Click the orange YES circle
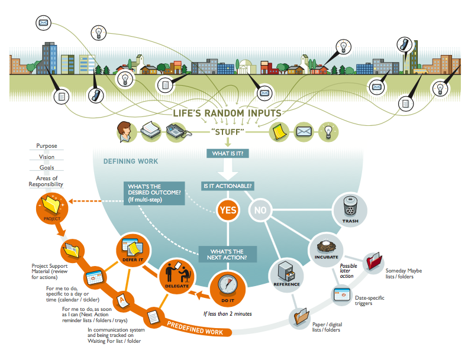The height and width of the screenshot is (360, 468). pyautogui.click(x=228, y=210)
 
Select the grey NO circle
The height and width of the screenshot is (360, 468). pyautogui.click(x=260, y=210)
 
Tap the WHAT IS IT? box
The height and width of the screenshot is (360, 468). pyautogui.click(x=228, y=153)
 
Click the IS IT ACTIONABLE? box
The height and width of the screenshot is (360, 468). pyautogui.click(x=227, y=186)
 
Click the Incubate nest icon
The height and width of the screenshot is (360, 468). pyautogui.click(x=326, y=247)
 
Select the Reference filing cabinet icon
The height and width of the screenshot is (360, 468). pyautogui.click(x=286, y=271)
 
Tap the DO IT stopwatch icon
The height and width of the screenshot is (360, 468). pyautogui.click(x=227, y=285)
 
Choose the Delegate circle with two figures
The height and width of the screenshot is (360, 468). pyautogui.click(x=177, y=276)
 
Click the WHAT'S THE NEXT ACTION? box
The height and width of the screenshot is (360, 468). pyautogui.click(x=227, y=254)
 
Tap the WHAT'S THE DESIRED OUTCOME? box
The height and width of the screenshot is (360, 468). pyautogui.click(x=154, y=193)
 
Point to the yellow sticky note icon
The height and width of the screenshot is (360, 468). pyautogui.click(x=279, y=132)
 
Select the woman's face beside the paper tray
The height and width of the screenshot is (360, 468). pyautogui.click(x=124, y=132)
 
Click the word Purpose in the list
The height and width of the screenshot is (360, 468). pyautogui.click(x=47, y=146)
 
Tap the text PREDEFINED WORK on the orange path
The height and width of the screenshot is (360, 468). pyautogui.click(x=195, y=329)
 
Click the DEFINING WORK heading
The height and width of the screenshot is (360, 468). pyautogui.click(x=131, y=161)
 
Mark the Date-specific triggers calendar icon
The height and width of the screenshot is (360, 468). pyautogui.click(x=342, y=294)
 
